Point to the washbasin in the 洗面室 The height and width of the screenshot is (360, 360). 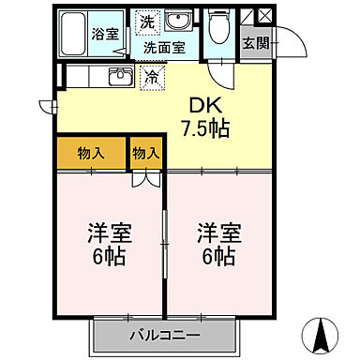175,22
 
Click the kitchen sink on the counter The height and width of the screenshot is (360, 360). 119,77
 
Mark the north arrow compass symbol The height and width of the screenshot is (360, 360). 323,331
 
